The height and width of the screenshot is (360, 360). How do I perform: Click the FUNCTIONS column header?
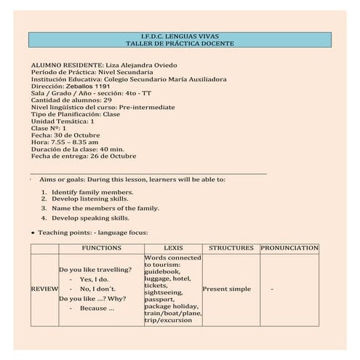[x=101, y=248]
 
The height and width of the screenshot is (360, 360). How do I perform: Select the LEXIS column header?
[x=173, y=248]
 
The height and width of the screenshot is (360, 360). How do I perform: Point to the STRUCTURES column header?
[x=231, y=248]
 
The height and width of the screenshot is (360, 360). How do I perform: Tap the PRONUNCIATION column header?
[x=289, y=248]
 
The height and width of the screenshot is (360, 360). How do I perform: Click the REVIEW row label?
[x=44, y=289]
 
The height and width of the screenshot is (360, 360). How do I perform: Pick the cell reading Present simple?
[x=226, y=289]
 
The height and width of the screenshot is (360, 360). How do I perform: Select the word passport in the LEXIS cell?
[x=159, y=299]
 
